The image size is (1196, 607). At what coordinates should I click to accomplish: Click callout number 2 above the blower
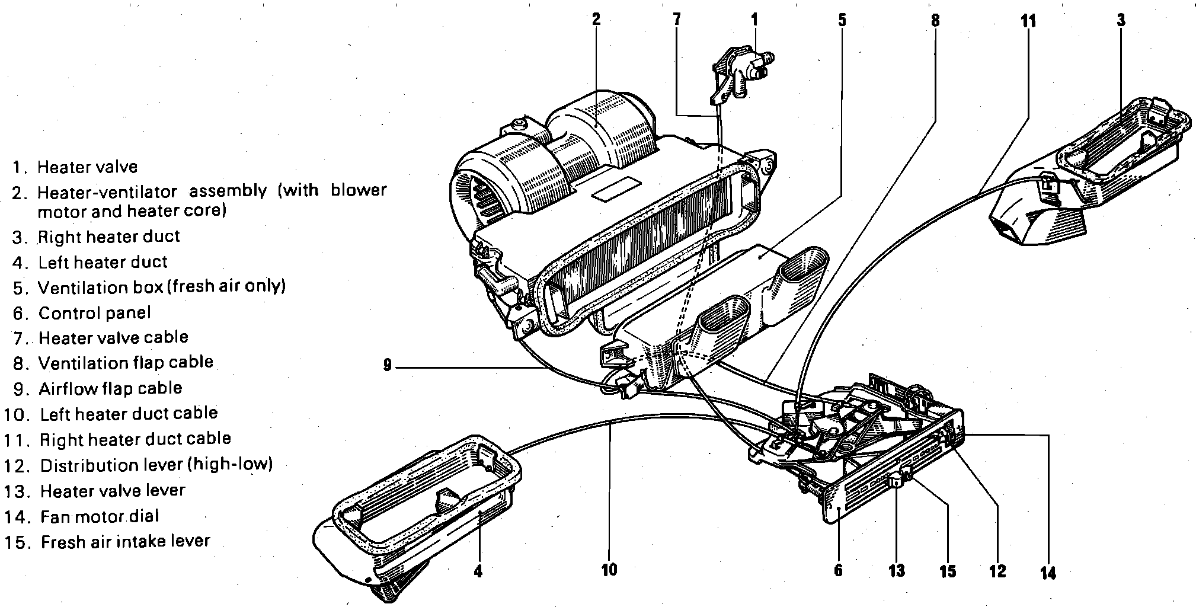(596, 19)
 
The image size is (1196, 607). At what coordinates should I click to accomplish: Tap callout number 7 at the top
(677, 19)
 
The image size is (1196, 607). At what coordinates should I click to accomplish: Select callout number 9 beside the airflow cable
(387, 366)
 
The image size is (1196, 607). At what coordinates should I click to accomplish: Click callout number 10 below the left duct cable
(609, 570)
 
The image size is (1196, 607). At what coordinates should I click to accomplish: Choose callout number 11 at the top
(1028, 21)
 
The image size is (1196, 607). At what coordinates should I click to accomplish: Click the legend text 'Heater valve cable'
(113, 338)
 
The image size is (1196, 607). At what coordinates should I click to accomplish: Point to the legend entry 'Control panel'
(95, 312)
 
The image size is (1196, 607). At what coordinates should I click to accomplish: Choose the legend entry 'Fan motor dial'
(100, 516)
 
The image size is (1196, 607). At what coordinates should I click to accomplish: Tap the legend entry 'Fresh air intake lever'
(126, 541)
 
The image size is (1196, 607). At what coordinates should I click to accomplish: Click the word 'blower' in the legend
(359, 190)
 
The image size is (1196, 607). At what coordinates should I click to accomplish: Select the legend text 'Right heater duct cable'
(135, 439)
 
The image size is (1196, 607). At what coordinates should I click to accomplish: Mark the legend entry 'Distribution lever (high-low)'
(156, 465)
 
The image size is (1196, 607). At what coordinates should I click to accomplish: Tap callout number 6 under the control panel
(838, 571)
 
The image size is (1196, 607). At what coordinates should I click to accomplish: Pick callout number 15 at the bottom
(948, 571)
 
